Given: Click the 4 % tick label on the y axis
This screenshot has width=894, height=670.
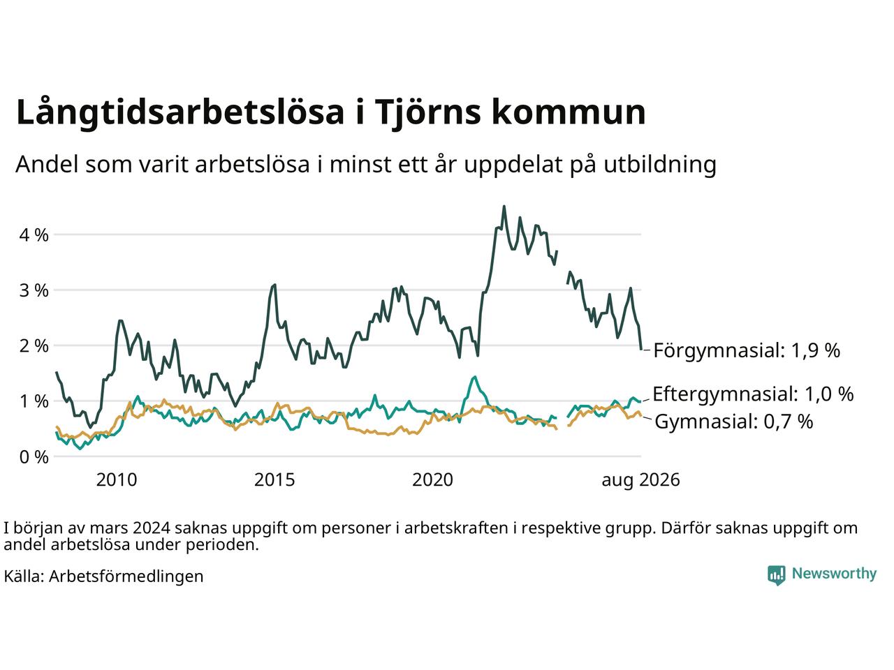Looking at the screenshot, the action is click(34, 235).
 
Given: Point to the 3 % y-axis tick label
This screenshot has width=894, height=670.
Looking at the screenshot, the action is click(34, 291).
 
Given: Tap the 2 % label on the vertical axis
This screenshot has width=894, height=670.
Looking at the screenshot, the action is click(34, 346).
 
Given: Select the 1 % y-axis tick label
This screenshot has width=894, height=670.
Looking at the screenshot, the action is click(34, 401).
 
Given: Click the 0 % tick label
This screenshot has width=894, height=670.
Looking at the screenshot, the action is click(34, 457).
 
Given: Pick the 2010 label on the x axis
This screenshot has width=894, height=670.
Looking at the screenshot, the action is click(117, 480).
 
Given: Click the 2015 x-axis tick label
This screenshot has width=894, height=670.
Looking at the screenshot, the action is click(274, 480).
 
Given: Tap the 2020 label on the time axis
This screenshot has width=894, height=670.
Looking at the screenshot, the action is click(432, 480).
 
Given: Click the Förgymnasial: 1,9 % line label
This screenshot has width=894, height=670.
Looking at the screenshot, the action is click(747, 350).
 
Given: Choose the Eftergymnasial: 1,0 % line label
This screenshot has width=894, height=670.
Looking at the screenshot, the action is click(753, 394).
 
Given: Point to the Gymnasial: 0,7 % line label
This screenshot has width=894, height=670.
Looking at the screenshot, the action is click(733, 422).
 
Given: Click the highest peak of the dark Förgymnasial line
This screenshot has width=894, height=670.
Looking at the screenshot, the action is click(504, 207).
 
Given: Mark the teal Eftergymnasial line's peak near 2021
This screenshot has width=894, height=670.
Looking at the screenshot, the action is click(475, 377).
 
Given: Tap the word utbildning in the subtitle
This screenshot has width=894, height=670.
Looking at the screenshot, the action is click(660, 165).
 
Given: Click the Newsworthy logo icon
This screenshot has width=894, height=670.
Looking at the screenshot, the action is click(776, 575).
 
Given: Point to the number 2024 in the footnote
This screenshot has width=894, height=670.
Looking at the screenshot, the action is click(152, 528).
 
